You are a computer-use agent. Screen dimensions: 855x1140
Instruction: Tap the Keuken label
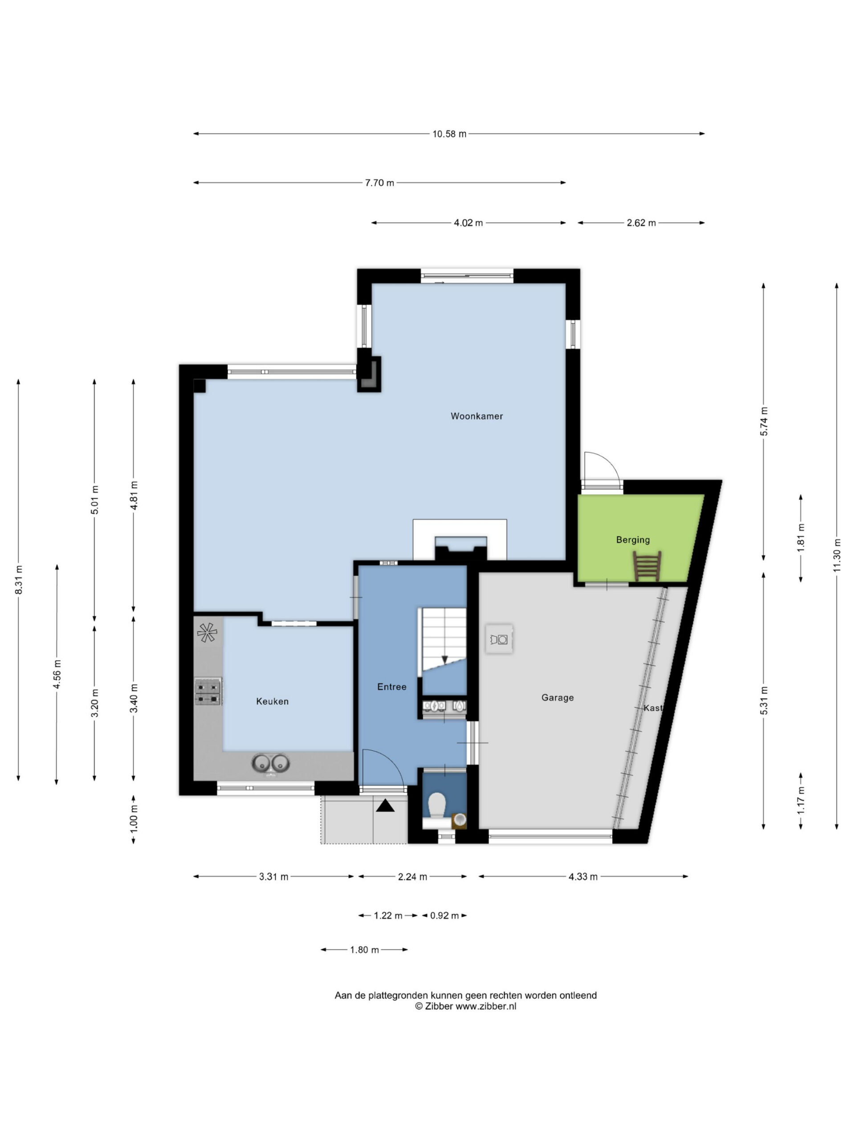point(272,701)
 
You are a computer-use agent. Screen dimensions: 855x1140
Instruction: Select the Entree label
point(392,687)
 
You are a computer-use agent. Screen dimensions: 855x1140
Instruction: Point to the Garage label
point(557,697)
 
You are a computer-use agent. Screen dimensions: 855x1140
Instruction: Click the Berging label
point(633,540)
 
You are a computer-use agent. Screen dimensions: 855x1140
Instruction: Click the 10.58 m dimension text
point(449,134)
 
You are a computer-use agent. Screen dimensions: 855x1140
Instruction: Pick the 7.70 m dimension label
point(379,183)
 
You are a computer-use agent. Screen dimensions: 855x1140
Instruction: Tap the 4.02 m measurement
point(468,223)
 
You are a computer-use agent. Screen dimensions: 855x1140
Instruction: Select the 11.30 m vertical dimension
point(836,554)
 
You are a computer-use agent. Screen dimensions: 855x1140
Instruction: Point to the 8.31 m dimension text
point(19,580)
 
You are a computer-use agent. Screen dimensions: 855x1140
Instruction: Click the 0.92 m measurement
point(444,916)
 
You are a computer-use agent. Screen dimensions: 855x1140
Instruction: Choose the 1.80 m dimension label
point(364,950)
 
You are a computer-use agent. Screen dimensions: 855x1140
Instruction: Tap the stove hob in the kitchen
point(208,692)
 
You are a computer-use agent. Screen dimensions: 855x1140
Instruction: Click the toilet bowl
point(437,805)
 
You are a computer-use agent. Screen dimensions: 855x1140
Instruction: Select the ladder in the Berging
point(647,566)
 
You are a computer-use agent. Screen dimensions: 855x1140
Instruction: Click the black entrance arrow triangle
point(385,806)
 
